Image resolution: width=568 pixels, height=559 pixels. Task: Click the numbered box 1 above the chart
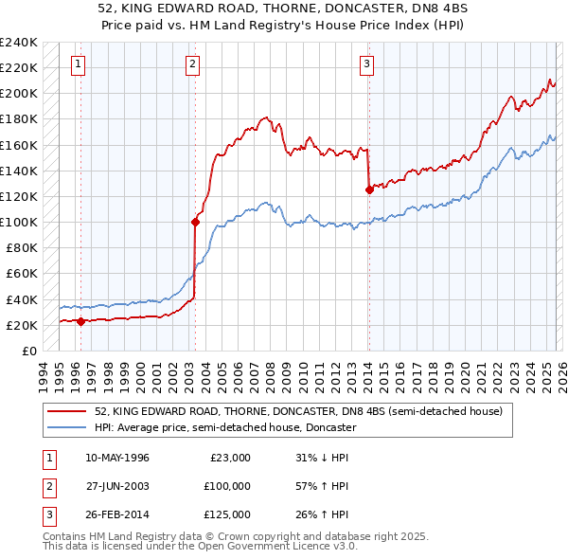click(77, 64)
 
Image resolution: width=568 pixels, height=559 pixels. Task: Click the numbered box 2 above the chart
click(192, 64)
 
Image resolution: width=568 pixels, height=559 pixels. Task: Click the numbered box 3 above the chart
click(366, 64)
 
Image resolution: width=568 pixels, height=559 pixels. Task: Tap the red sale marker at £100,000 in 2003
click(195, 223)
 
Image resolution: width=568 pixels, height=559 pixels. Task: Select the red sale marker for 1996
click(80, 321)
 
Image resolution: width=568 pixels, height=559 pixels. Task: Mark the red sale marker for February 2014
click(368, 190)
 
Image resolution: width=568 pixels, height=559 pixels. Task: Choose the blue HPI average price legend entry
click(224, 427)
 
